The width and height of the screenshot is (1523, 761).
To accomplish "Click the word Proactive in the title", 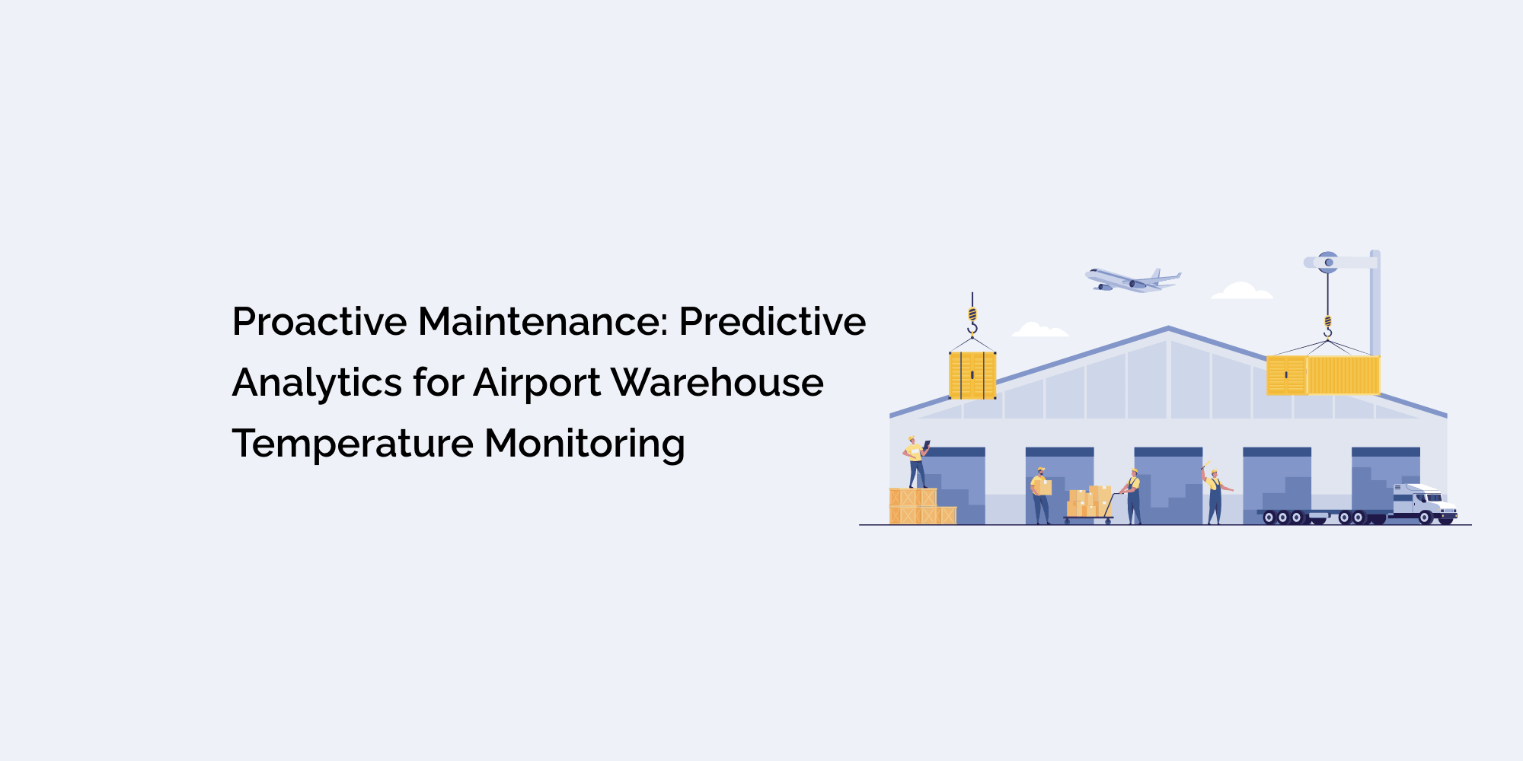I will point(320,322).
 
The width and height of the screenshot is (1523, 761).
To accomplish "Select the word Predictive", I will point(772,322).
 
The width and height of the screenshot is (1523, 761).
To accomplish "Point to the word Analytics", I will point(317,383).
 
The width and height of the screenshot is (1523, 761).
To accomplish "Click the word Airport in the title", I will point(537,383).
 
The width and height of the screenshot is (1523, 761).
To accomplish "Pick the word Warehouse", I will point(717,383).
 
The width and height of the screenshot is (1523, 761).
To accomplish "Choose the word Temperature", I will point(352,444).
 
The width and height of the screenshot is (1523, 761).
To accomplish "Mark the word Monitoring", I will point(584,444).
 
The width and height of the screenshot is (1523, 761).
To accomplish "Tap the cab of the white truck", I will point(1422,503).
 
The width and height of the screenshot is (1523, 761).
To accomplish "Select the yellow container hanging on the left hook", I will point(972,375).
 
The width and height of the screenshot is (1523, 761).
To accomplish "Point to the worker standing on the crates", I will point(915,463).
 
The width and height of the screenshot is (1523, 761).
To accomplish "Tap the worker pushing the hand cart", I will point(1133,496).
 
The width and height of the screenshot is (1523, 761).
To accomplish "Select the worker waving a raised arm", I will point(1214,495).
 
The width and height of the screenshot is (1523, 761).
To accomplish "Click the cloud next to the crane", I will point(1241,291).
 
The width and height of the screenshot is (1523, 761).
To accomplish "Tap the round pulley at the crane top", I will point(1328,263).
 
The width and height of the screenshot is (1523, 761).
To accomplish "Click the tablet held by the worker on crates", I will point(927,444).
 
